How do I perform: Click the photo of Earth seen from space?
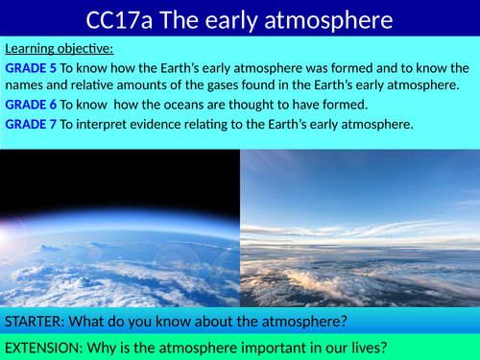click(x=120, y=228)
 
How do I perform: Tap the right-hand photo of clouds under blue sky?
click(x=359, y=228)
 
